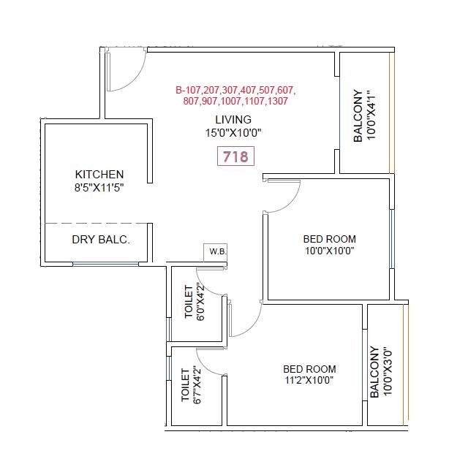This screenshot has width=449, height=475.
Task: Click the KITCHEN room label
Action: click(99, 175)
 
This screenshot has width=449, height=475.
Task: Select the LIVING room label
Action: click(233, 119)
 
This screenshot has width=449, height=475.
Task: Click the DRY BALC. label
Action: click(100, 240)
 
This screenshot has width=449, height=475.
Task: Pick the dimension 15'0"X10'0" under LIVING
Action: click(233, 133)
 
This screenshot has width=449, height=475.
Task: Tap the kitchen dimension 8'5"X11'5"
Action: click(99, 188)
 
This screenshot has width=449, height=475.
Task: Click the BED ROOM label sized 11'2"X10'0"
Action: click(309, 368)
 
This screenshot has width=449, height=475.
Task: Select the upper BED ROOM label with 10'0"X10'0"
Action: click(329, 239)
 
